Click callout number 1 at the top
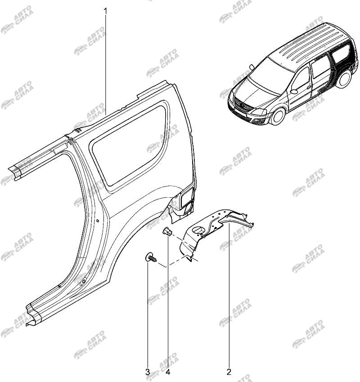pos(106,11)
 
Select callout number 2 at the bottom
pos(229,372)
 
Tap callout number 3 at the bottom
pos(148,372)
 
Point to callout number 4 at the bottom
pos(168,372)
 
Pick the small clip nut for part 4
pos(167,231)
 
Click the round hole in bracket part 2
pos(198,230)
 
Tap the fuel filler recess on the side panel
pos(187,196)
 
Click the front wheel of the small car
pos(278,116)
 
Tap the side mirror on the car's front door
pos(294,91)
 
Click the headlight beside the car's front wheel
pos(259,112)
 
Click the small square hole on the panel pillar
pos(97,221)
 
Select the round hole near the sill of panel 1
pos(83,281)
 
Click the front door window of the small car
pos(301,78)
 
